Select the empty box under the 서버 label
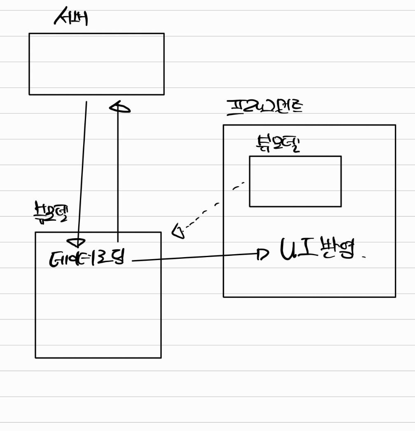pos(96,64)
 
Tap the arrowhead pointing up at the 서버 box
pos(119,108)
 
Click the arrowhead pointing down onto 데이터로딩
pos(76,243)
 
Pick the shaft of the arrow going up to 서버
pos(118,173)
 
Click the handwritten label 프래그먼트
pos(265,107)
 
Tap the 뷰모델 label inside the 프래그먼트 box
pos(278,144)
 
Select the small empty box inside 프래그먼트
pos(295,181)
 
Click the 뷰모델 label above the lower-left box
pos(50,212)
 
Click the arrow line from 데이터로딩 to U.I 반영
pos(194,257)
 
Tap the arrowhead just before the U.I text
pos(262,254)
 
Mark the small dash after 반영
pos(364,257)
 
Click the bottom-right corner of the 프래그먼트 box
pos(395,297)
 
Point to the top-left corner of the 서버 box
pos(29,33)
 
